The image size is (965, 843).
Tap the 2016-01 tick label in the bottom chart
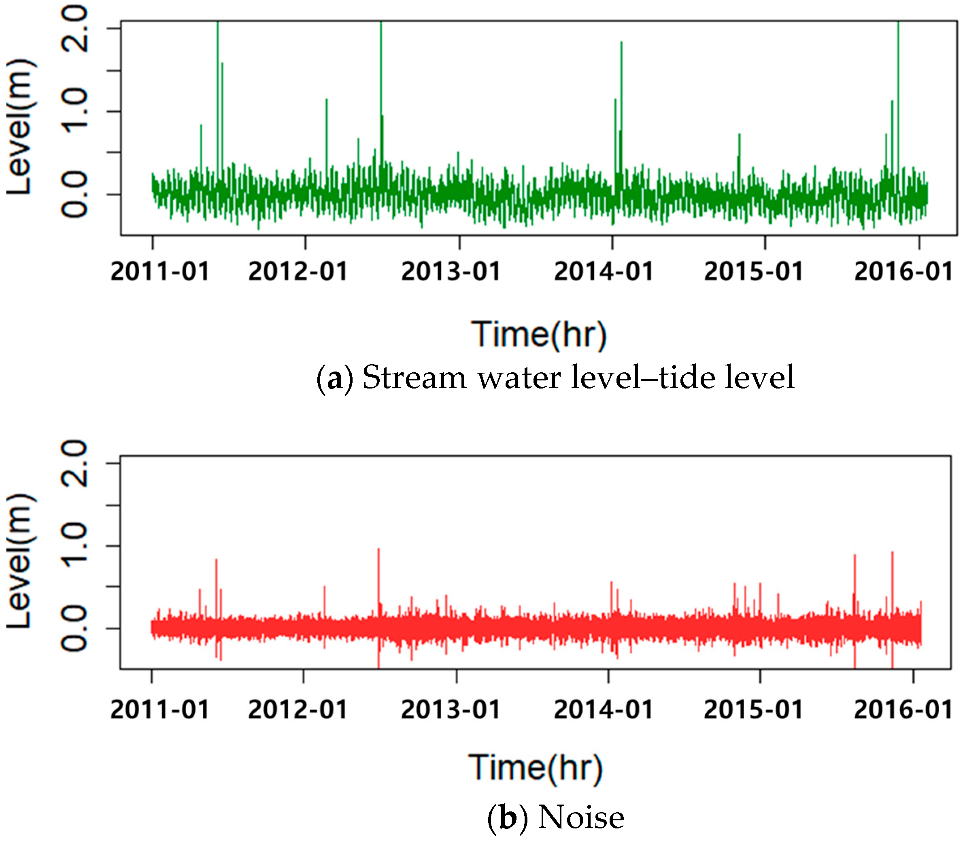903,709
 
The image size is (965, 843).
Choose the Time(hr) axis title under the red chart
536,768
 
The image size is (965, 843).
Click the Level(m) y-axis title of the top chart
20,127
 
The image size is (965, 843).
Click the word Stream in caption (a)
414,378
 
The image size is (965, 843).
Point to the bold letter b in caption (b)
508,818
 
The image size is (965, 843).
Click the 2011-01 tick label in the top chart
159,272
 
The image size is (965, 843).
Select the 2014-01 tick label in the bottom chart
603,709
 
